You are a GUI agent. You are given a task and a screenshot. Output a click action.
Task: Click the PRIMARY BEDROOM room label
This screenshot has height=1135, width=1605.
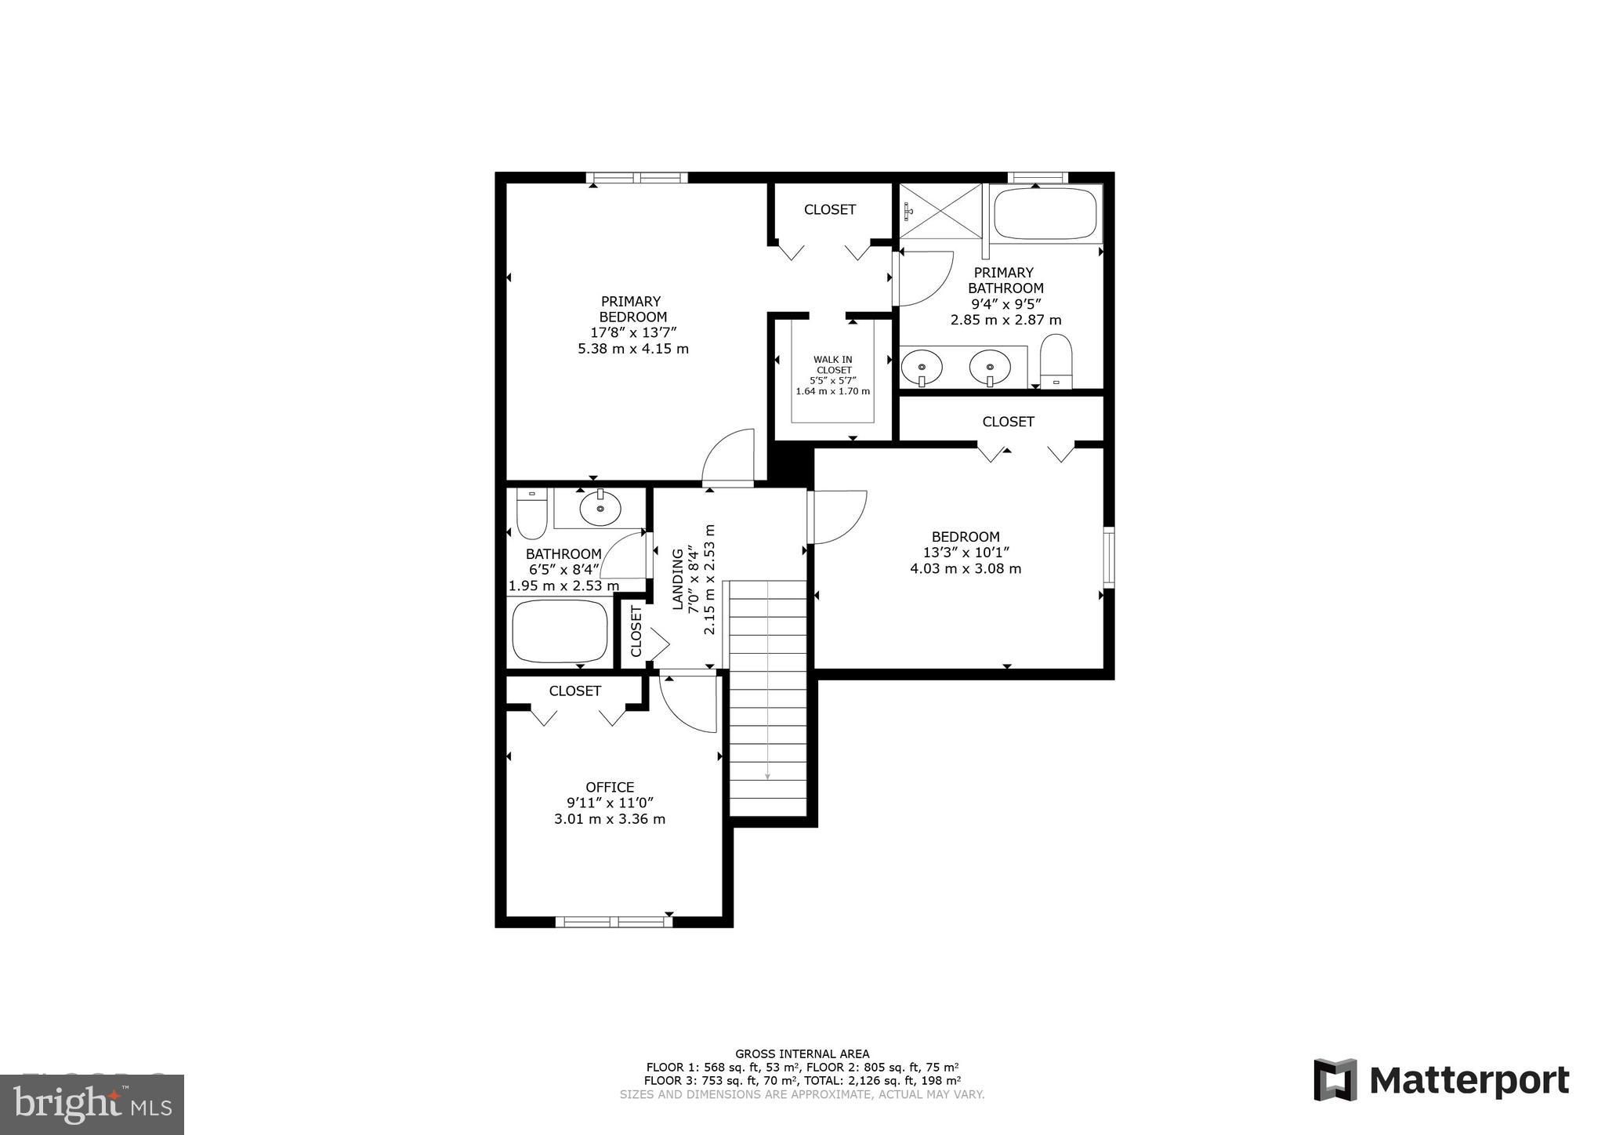point(632,309)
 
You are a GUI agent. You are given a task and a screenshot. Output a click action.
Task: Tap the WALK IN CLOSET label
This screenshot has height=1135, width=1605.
point(833,364)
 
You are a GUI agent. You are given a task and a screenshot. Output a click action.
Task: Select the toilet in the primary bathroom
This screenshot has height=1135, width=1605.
point(1056,361)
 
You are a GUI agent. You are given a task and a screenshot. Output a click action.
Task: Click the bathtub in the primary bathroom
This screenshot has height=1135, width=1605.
point(1045,213)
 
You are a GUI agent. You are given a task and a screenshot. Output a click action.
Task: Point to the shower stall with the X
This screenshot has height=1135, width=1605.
point(940,210)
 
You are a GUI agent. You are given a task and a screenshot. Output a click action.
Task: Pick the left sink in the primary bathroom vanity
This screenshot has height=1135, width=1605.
point(922,366)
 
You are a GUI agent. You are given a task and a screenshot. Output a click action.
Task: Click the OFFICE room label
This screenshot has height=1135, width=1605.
point(610,787)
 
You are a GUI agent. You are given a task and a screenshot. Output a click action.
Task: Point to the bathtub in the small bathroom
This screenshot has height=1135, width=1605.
point(560,631)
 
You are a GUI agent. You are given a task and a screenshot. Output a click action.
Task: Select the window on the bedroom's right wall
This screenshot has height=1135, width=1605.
point(1108,557)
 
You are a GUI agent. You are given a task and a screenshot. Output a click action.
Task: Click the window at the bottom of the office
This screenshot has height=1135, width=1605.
point(614,922)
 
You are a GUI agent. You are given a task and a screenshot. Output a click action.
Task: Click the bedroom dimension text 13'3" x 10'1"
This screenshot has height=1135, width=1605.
point(966,553)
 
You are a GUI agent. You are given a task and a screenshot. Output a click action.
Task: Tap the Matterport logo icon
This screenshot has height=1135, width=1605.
point(1335,1080)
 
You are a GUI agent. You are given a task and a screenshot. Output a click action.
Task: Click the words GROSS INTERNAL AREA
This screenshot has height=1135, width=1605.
point(802,1054)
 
